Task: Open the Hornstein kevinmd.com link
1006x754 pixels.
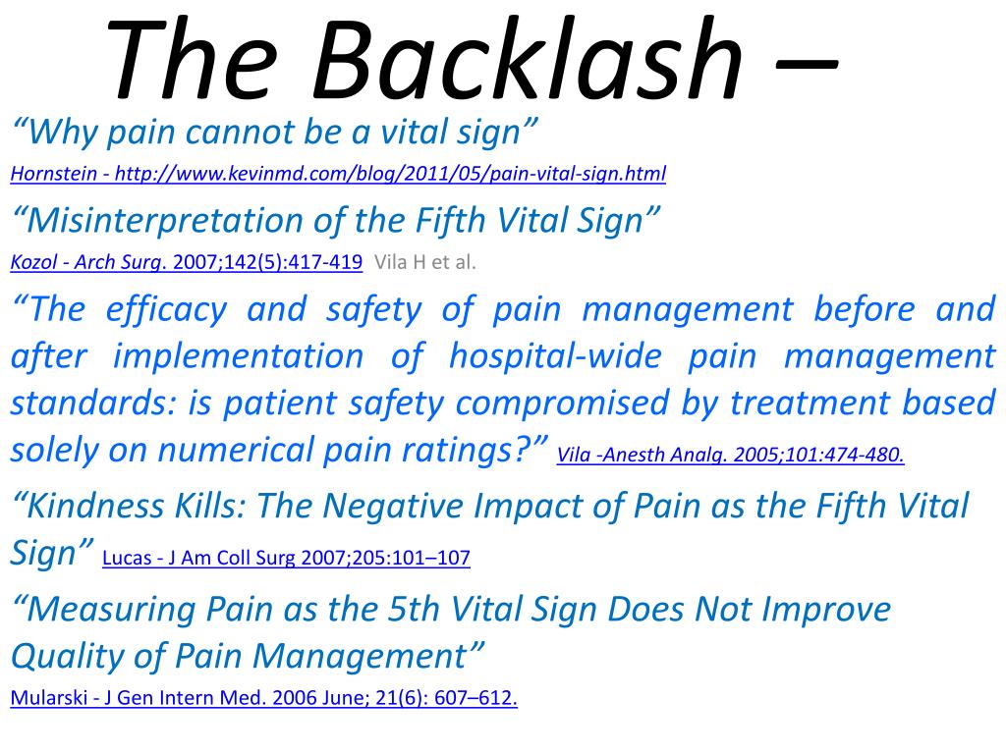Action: click(x=338, y=175)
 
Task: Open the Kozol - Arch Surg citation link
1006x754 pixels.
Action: click(x=187, y=262)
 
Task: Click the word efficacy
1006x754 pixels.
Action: click(x=157, y=310)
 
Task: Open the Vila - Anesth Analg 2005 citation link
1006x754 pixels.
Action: click(x=730, y=455)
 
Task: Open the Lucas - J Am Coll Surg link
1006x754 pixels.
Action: click(x=286, y=559)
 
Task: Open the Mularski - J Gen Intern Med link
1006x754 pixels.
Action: click(x=263, y=699)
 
